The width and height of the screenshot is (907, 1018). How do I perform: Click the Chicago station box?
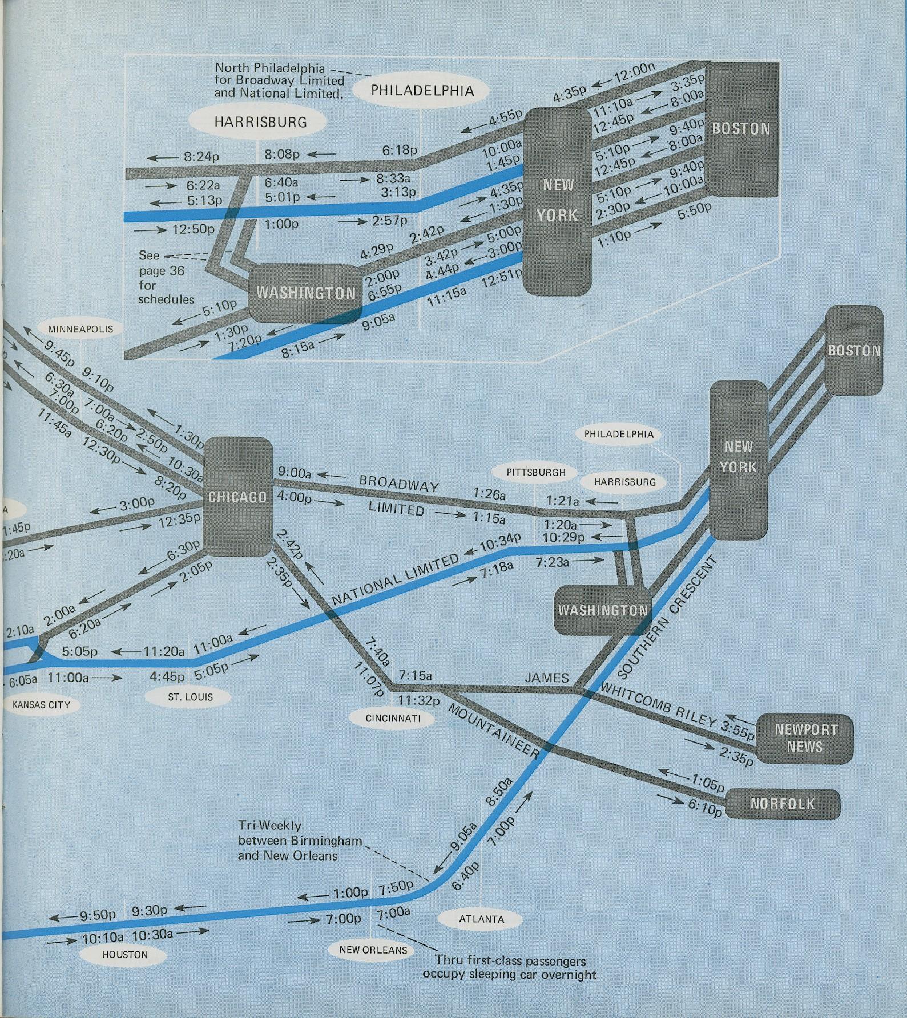point(237,497)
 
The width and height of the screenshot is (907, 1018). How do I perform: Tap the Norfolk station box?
point(782,804)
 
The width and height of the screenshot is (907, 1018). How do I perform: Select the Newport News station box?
point(805,738)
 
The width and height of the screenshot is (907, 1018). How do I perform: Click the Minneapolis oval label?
point(80,329)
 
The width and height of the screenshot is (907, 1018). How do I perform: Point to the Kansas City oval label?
point(41,705)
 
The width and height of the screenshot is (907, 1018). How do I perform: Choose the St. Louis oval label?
point(190,697)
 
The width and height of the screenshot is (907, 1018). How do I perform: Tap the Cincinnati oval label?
point(393,719)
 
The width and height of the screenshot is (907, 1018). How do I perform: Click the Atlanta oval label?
point(481,919)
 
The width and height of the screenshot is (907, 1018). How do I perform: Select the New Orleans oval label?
point(373,950)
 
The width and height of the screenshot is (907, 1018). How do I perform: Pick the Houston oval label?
point(125,955)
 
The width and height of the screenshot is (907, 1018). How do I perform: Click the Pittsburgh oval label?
point(535,472)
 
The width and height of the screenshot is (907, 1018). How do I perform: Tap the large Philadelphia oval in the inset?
point(422,90)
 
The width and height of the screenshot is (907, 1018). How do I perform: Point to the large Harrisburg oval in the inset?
point(260,121)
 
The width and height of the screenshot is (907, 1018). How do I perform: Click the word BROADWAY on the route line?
point(399,484)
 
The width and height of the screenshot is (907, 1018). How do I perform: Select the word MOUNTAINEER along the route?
point(494,731)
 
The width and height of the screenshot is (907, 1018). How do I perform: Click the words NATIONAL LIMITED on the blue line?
point(395,580)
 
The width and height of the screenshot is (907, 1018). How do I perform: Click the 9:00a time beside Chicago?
point(295,473)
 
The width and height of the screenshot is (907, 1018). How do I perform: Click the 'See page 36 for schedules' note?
point(165,277)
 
